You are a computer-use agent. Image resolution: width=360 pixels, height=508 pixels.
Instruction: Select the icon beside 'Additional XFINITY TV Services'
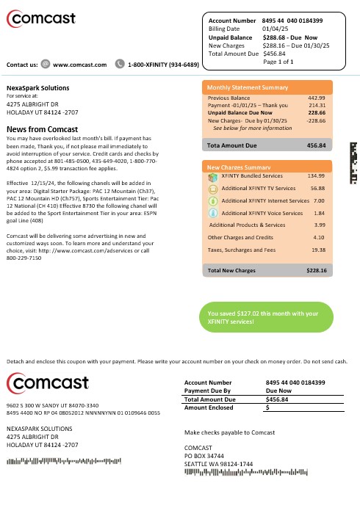212,188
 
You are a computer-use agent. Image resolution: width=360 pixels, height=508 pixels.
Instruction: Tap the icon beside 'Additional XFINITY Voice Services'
212,212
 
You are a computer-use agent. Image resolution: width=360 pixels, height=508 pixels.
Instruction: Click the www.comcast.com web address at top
79,65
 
